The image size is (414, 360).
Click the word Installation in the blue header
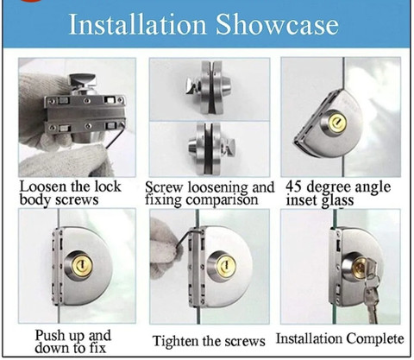tap(138, 24)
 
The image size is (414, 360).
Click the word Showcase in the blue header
tap(277, 24)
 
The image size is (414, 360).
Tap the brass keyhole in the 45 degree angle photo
tap(337, 123)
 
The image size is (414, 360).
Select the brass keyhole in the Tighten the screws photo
tap(226, 265)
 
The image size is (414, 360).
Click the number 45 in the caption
tap(294, 186)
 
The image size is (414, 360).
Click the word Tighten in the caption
tap(175, 341)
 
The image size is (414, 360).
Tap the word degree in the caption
tap(328, 187)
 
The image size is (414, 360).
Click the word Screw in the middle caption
tap(164, 187)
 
